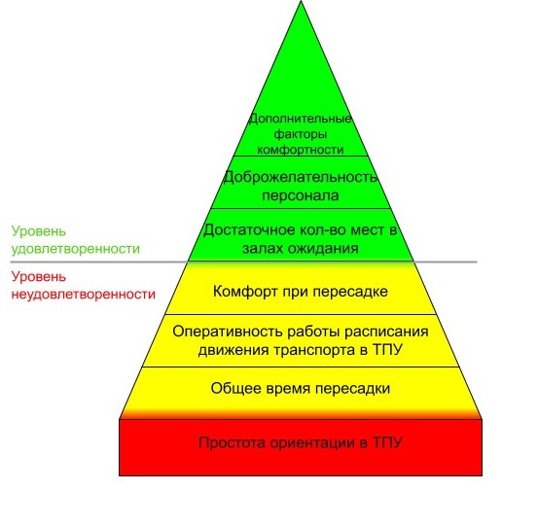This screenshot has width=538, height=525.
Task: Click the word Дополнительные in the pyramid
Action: coord(301,119)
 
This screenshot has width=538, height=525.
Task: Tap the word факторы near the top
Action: coord(301,134)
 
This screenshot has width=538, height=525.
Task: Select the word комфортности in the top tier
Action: coord(301,150)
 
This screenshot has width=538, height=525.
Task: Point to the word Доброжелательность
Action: coord(301,178)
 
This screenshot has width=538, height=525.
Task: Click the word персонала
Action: coord(301,195)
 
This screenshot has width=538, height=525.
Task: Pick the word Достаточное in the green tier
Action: coord(249,229)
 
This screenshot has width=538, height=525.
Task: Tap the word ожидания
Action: coord(323,248)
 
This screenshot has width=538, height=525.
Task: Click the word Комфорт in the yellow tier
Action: coord(245,292)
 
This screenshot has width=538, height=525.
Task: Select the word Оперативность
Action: coord(227,332)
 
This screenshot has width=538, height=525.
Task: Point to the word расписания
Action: coord(386,332)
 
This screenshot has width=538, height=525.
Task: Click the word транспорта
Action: coord(314,350)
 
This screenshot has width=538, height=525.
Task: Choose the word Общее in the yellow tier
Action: coord(232,389)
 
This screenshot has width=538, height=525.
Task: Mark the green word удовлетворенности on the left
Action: coord(76,249)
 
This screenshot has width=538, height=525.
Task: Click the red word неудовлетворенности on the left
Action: coord(84,295)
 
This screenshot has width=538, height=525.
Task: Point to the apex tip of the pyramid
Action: coord(301,1)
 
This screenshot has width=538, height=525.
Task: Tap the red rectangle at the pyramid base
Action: coord(301,447)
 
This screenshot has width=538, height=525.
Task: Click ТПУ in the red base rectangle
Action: coord(387,442)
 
